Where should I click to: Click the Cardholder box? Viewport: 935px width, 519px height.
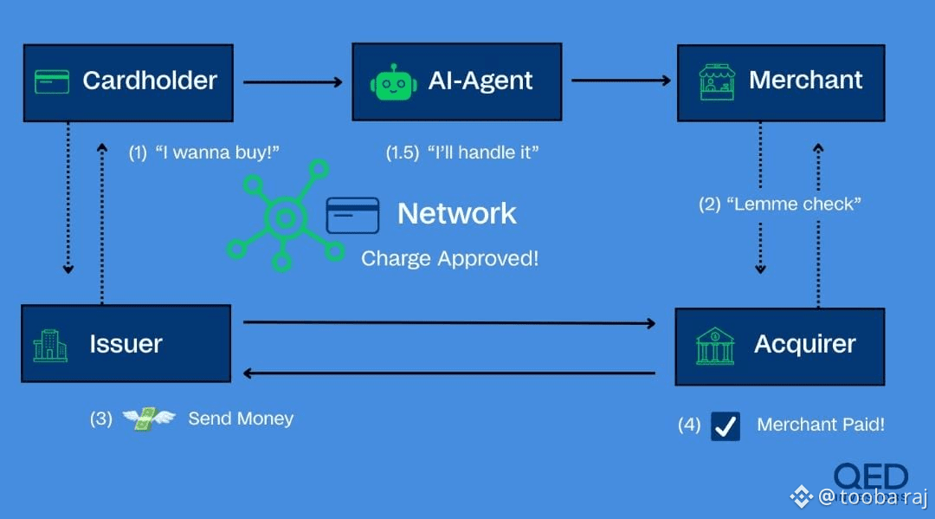128,82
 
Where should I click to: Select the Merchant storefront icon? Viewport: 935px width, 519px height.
716,81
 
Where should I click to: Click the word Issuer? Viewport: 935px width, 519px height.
126,344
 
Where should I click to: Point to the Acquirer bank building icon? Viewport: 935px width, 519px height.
715,346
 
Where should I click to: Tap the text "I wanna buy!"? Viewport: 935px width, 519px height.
218,152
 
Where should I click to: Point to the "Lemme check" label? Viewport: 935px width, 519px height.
794,204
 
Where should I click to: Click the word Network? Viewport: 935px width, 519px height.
456,214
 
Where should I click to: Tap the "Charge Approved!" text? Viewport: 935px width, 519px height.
449,258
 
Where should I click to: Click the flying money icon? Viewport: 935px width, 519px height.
148,419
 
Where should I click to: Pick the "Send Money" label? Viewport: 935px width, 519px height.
241,419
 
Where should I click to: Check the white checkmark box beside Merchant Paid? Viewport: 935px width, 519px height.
725,425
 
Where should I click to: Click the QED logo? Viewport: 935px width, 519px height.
870,477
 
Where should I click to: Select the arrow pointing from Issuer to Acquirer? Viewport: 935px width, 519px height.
448,323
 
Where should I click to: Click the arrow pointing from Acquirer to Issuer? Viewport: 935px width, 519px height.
448,373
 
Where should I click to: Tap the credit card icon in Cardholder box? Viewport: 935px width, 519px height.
52,81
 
